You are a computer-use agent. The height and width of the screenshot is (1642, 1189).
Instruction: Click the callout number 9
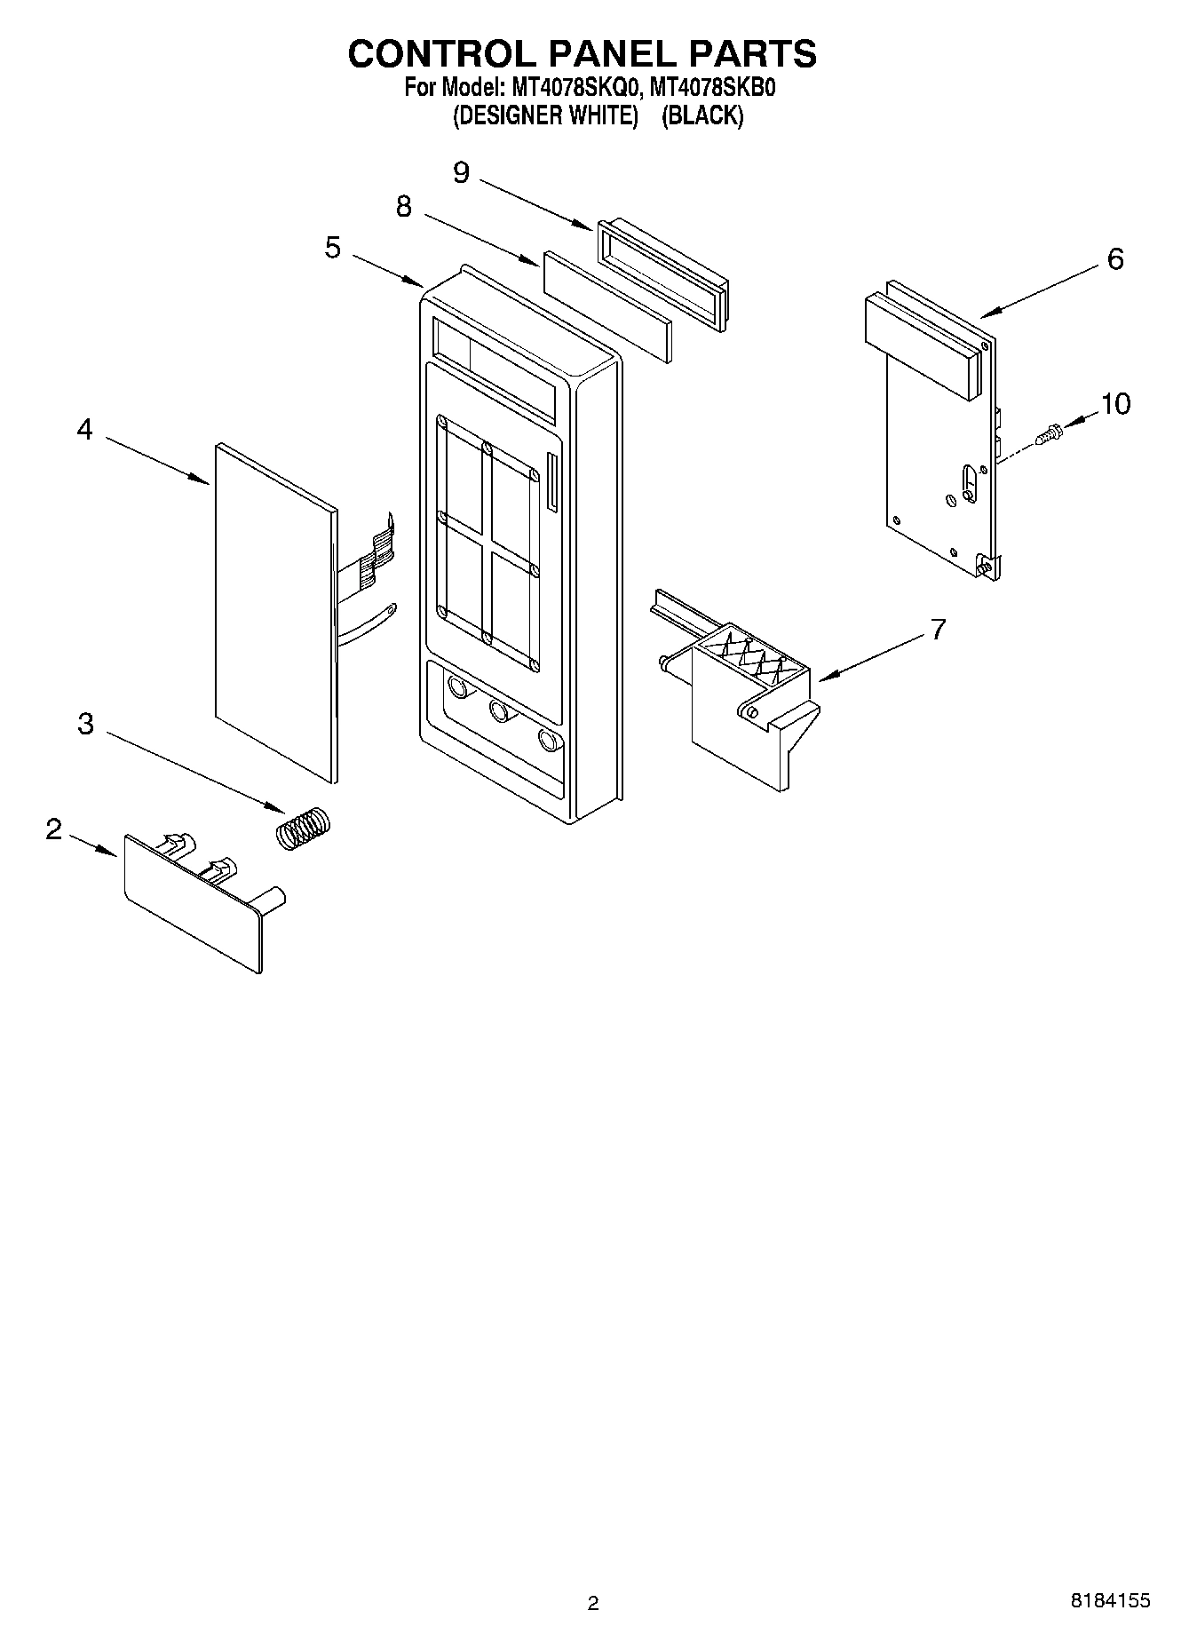[461, 171]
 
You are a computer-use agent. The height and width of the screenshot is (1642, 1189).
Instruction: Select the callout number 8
[404, 207]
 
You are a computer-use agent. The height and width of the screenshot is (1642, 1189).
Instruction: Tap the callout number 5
[332, 247]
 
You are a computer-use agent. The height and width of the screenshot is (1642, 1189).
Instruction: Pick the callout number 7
[939, 629]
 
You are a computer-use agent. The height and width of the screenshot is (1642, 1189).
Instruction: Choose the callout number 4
[84, 430]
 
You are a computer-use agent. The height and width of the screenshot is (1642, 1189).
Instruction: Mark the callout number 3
[85, 724]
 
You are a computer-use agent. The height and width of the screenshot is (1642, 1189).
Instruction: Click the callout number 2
[54, 829]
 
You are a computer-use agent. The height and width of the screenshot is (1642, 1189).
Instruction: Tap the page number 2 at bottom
[593, 1603]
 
